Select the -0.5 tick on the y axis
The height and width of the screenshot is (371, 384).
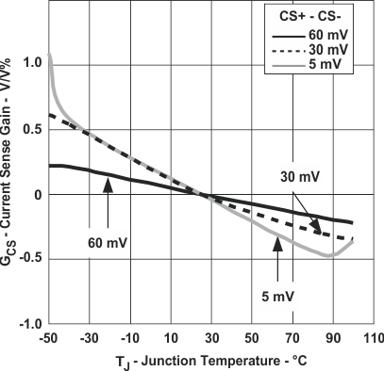28,259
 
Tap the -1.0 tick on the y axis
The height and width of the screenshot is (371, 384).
28,324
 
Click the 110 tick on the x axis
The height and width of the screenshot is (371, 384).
371,336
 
